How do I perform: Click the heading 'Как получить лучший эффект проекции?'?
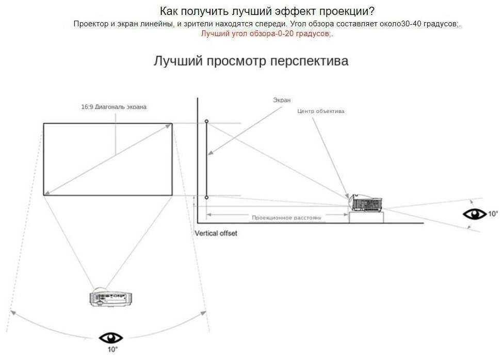pyautogui.click(x=267, y=11)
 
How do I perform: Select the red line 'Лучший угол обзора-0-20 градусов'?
pyautogui.click(x=267, y=34)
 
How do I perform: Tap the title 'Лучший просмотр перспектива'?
pyautogui.click(x=251, y=61)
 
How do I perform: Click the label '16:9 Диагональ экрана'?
pyautogui.click(x=113, y=107)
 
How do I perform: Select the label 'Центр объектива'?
pyautogui.click(x=320, y=111)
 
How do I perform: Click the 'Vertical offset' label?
pyautogui.click(x=216, y=233)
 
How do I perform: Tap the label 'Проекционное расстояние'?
pyautogui.click(x=286, y=218)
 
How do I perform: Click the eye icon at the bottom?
pyautogui.click(x=111, y=338)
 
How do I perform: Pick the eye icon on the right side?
pyautogui.click(x=474, y=214)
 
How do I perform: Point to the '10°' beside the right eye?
pyautogui.click(x=493, y=214)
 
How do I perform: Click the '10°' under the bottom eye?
pyautogui.click(x=112, y=350)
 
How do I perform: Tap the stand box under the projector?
pyautogui.click(x=366, y=217)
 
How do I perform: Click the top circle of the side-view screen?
pyautogui.click(x=206, y=121)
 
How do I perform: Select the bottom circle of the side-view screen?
pyautogui.click(x=206, y=197)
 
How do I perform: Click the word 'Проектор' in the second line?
pyautogui.click(x=88, y=24)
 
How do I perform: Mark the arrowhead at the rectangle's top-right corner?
pyautogui.click(x=169, y=125)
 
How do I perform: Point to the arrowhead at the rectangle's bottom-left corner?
pyautogui.click(x=46, y=193)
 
